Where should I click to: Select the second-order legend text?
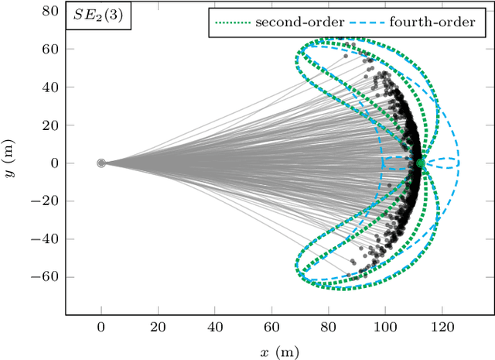point(299,22)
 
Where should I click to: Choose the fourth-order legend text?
point(433,22)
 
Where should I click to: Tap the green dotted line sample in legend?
point(231,22)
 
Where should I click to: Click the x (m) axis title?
point(278,352)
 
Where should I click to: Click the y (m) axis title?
point(11,163)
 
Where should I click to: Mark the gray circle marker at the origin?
point(101,163)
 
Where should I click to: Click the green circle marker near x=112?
point(421,163)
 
